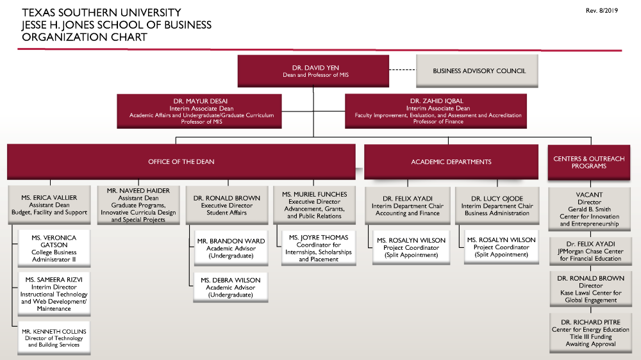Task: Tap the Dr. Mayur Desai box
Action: click(200, 111)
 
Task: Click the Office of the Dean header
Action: click(181, 161)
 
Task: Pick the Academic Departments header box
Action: click(451, 161)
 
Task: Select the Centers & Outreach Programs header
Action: click(588, 161)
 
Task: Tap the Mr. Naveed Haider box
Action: click(138, 205)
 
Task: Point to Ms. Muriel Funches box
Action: click(315, 205)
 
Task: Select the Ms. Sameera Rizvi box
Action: click(54, 294)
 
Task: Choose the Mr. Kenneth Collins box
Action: click(54, 338)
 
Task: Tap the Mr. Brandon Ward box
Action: click(231, 249)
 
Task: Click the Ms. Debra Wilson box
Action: click(231, 288)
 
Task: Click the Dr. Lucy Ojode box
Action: click(498, 206)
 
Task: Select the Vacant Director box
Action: click(588, 209)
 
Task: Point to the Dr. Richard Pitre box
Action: click(588, 332)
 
